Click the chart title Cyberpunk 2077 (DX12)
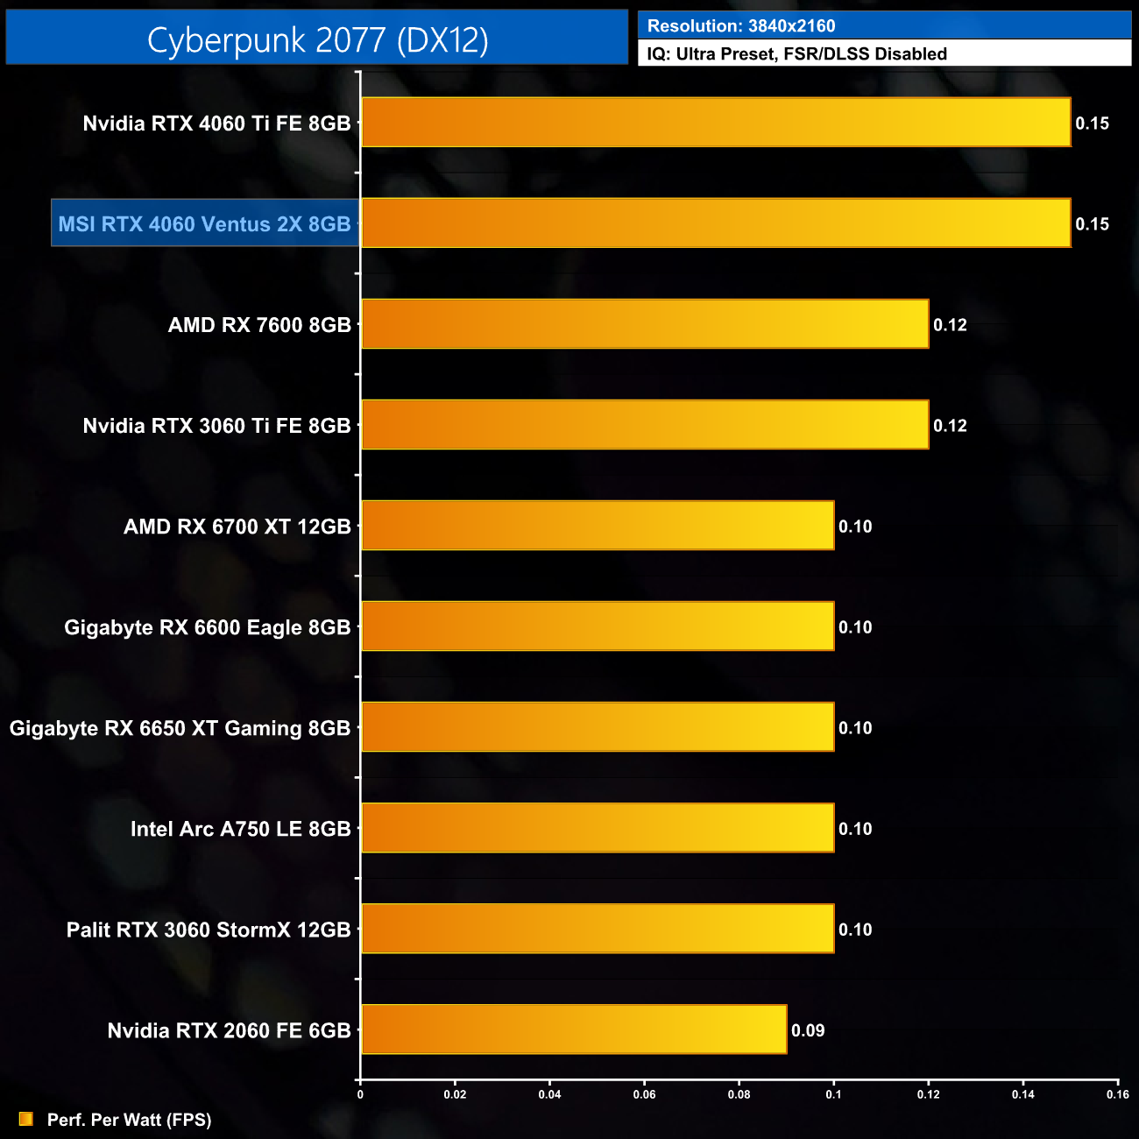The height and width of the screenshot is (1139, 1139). (x=317, y=40)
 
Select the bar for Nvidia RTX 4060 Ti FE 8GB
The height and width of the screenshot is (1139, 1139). (x=716, y=123)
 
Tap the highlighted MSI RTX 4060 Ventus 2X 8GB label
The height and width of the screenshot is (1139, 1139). (x=204, y=224)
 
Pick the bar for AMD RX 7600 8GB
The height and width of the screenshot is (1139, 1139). (x=645, y=324)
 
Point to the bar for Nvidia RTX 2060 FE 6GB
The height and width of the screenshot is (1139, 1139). (x=574, y=1029)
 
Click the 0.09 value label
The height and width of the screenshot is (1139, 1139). (x=808, y=1030)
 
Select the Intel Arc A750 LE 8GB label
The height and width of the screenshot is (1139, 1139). (x=240, y=829)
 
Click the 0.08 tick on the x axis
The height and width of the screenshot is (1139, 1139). (x=739, y=1093)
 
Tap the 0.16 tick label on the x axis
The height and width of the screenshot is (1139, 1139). (x=1117, y=1093)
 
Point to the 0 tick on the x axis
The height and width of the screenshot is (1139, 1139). (x=360, y=1093)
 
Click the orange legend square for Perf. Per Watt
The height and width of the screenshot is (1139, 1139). (x=26, y=1119)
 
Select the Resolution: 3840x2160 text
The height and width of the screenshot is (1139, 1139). (x=741, y=26)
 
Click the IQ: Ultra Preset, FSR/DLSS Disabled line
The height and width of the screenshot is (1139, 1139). (x=796, y=54)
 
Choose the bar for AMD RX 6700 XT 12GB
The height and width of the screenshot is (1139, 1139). (x=598, y=526)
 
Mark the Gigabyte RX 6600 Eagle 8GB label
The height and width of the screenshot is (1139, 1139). (x=207, y=627)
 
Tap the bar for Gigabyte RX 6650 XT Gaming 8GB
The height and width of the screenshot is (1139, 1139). (x=598, y=727)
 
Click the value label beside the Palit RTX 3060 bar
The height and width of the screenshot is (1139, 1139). (x=855, y=930)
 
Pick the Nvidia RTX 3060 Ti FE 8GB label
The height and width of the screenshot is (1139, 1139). (x=216, y=426)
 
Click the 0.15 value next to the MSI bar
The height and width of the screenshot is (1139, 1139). (x=1092, y=224)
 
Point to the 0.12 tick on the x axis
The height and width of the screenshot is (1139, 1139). (x=928, y=1093)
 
